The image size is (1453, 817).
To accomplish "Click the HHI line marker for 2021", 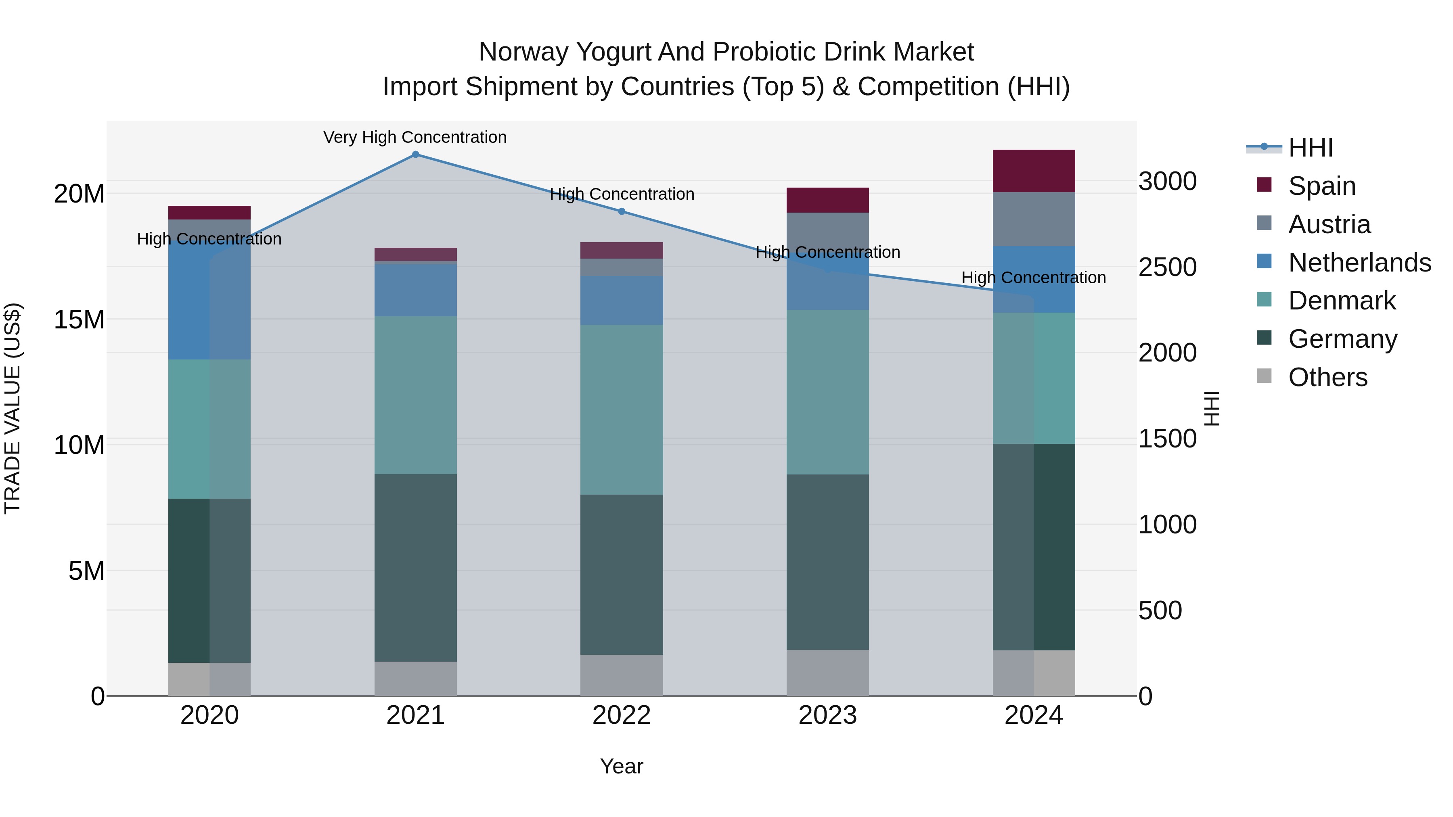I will [x=415, y=155].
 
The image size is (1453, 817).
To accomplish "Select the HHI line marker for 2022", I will [x=622, y=211].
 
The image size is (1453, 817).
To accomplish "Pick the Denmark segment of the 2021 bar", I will [x=415, y=395].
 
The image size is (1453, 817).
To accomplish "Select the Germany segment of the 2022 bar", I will [x=622, y=574].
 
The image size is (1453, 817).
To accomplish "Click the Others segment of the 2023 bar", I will [x=827, y=673].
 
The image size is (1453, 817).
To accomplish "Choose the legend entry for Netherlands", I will [x=1359, y=262].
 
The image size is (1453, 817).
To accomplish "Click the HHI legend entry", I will [x=1310, y=148].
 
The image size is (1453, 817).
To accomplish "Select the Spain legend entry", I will [x=1321, y=186].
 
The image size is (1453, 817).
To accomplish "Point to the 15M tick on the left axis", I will [x=79, y=319].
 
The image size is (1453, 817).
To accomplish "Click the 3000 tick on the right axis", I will [x=1167, y=181].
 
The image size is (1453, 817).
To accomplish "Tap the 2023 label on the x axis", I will [x=827, y=715].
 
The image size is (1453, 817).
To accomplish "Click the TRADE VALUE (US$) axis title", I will [x=13, y=408].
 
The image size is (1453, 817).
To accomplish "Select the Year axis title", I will [x=622, y=766].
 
